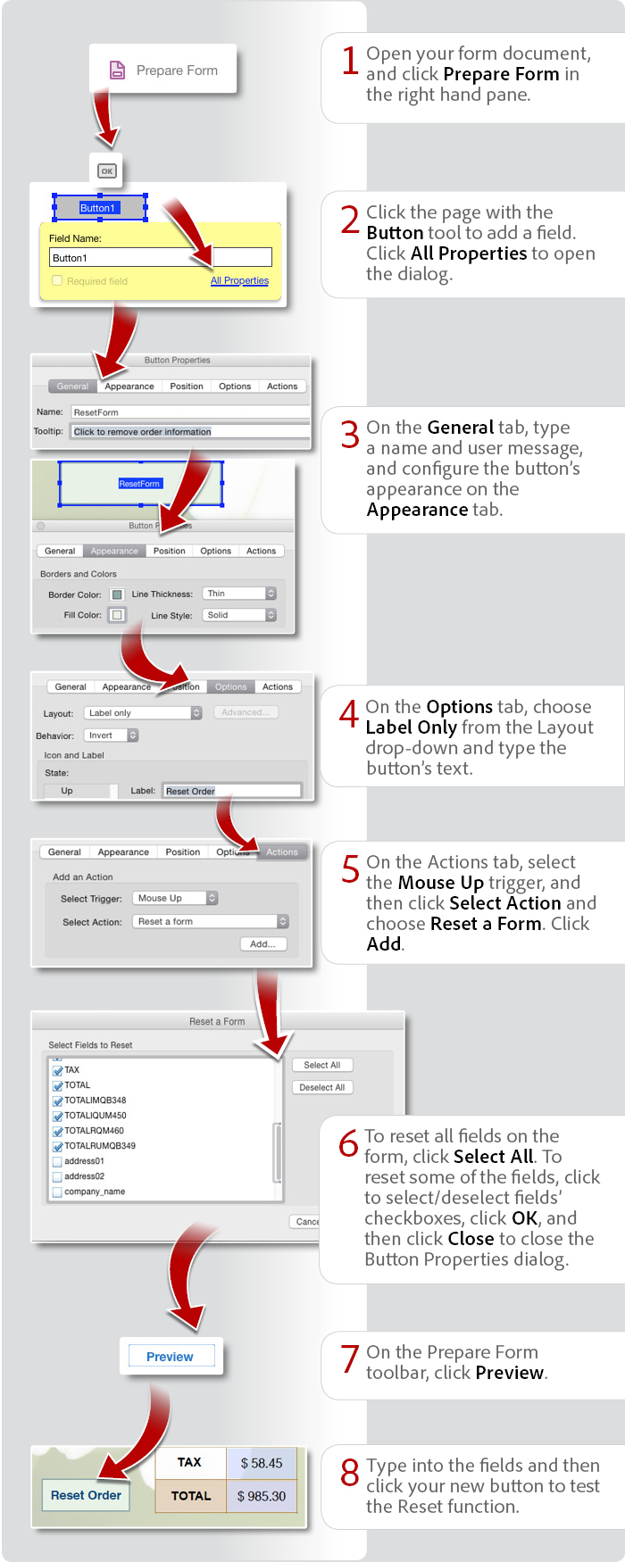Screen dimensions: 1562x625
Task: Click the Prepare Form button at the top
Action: click(x=163, y=70)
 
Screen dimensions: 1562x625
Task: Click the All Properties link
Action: click(x=239, y=280)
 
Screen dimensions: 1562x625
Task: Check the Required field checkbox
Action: click(x=57, y=280)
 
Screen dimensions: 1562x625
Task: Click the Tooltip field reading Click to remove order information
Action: click(x=189, y=431)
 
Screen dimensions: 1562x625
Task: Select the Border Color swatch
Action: click(x=117, y=594)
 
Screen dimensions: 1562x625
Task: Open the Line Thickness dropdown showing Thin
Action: click(x=238, y=594)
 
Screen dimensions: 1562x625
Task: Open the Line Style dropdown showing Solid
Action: click(x=239, y=615)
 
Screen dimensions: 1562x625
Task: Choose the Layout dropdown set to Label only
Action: click(x=143, y=713)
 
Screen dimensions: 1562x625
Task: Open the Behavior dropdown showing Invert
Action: click(x=112, y=735)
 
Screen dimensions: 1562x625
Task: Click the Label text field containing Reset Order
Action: click(x=231, y=791)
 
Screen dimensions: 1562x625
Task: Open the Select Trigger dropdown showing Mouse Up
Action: click(x=175, y=898)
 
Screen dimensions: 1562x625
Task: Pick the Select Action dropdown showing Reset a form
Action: click(x=211, y=921)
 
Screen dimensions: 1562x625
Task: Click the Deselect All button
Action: click(x=321, y=1087)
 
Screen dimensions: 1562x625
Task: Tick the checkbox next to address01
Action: click(x=57, y=1162)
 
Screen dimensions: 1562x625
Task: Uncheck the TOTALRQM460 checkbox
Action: click(x=57, y=1131)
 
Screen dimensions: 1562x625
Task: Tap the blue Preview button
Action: click(x=170, y=1357)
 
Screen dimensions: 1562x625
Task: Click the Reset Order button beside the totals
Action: click(x=86, y=1495)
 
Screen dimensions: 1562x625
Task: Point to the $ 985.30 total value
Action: click(x=262, y=1496)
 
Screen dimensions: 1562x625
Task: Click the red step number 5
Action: click(x=350, y=869)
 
